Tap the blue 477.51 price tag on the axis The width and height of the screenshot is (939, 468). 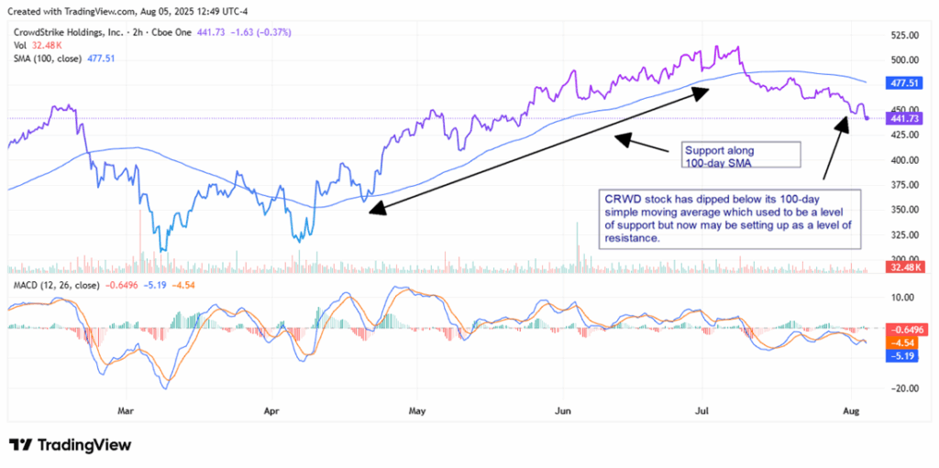coord(903,82)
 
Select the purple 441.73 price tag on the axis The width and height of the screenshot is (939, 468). coord(903,118)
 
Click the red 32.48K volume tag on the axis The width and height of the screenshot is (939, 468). coord(903,267)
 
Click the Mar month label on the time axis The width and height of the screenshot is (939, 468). coord(126,411)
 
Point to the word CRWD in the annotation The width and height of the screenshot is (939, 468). coord(620,198)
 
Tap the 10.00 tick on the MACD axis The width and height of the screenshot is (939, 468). coord(901,297)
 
